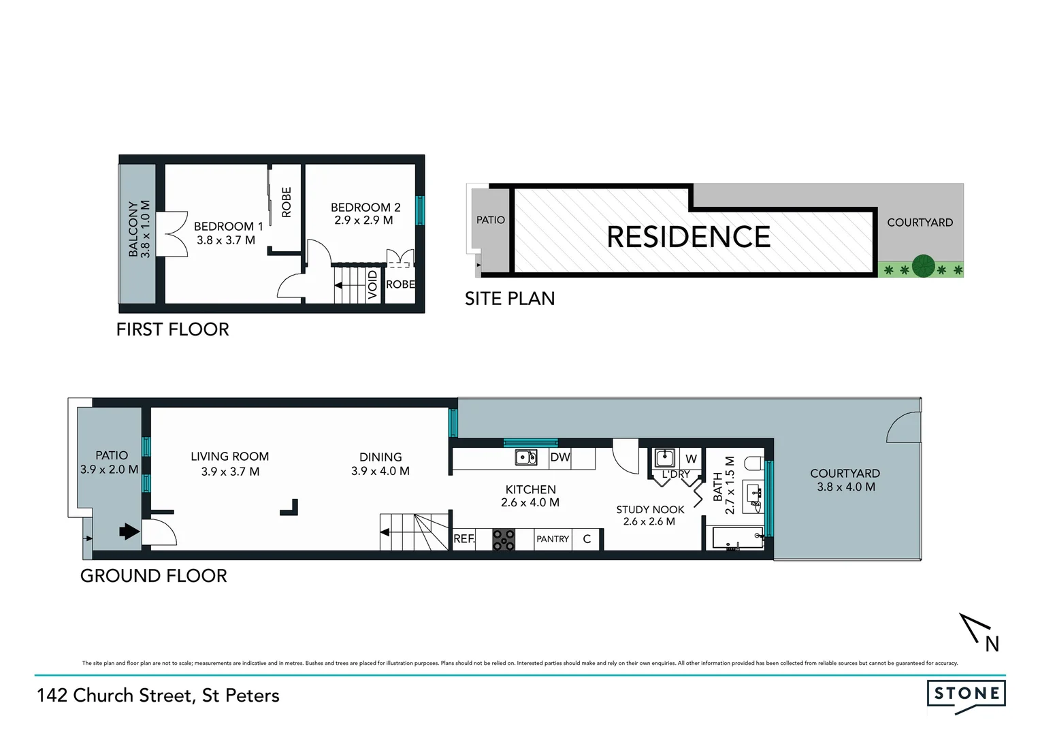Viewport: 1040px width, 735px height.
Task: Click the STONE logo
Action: (x=966, y=694)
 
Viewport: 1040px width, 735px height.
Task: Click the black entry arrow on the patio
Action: (x=129, y=531)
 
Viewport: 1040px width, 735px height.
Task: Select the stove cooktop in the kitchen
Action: (x=504, y=539)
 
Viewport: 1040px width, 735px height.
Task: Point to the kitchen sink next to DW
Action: (x=525, y=457)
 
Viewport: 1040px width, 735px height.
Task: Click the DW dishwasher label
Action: (x=559, y=457)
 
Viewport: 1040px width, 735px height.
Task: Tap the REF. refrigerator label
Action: (x=464, y=538)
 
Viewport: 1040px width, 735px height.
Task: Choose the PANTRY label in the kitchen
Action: (x=552, y=539)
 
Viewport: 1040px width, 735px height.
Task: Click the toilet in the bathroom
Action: (x=754, y=463)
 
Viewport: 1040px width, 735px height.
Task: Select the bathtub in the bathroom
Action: (x=736, y=539)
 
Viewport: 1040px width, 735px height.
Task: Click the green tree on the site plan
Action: (x=923, y=265)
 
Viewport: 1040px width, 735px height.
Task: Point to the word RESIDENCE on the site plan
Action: (x=688, y=237)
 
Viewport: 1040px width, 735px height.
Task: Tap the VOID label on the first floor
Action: (x=372, y=284)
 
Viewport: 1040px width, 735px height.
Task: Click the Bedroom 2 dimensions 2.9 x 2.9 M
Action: (x=363, y=220)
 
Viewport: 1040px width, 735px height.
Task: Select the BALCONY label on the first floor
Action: (x=133, y=229)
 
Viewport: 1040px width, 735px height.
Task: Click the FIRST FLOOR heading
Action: (x=172, y=329)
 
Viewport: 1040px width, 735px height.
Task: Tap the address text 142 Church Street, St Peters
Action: (x=158, y=696)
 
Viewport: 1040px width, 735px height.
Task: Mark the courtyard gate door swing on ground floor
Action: (x=903, y=427)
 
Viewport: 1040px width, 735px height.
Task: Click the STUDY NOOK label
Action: (x=650, y=509)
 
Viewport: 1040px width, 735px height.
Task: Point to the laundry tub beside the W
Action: (x=664, y=457)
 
